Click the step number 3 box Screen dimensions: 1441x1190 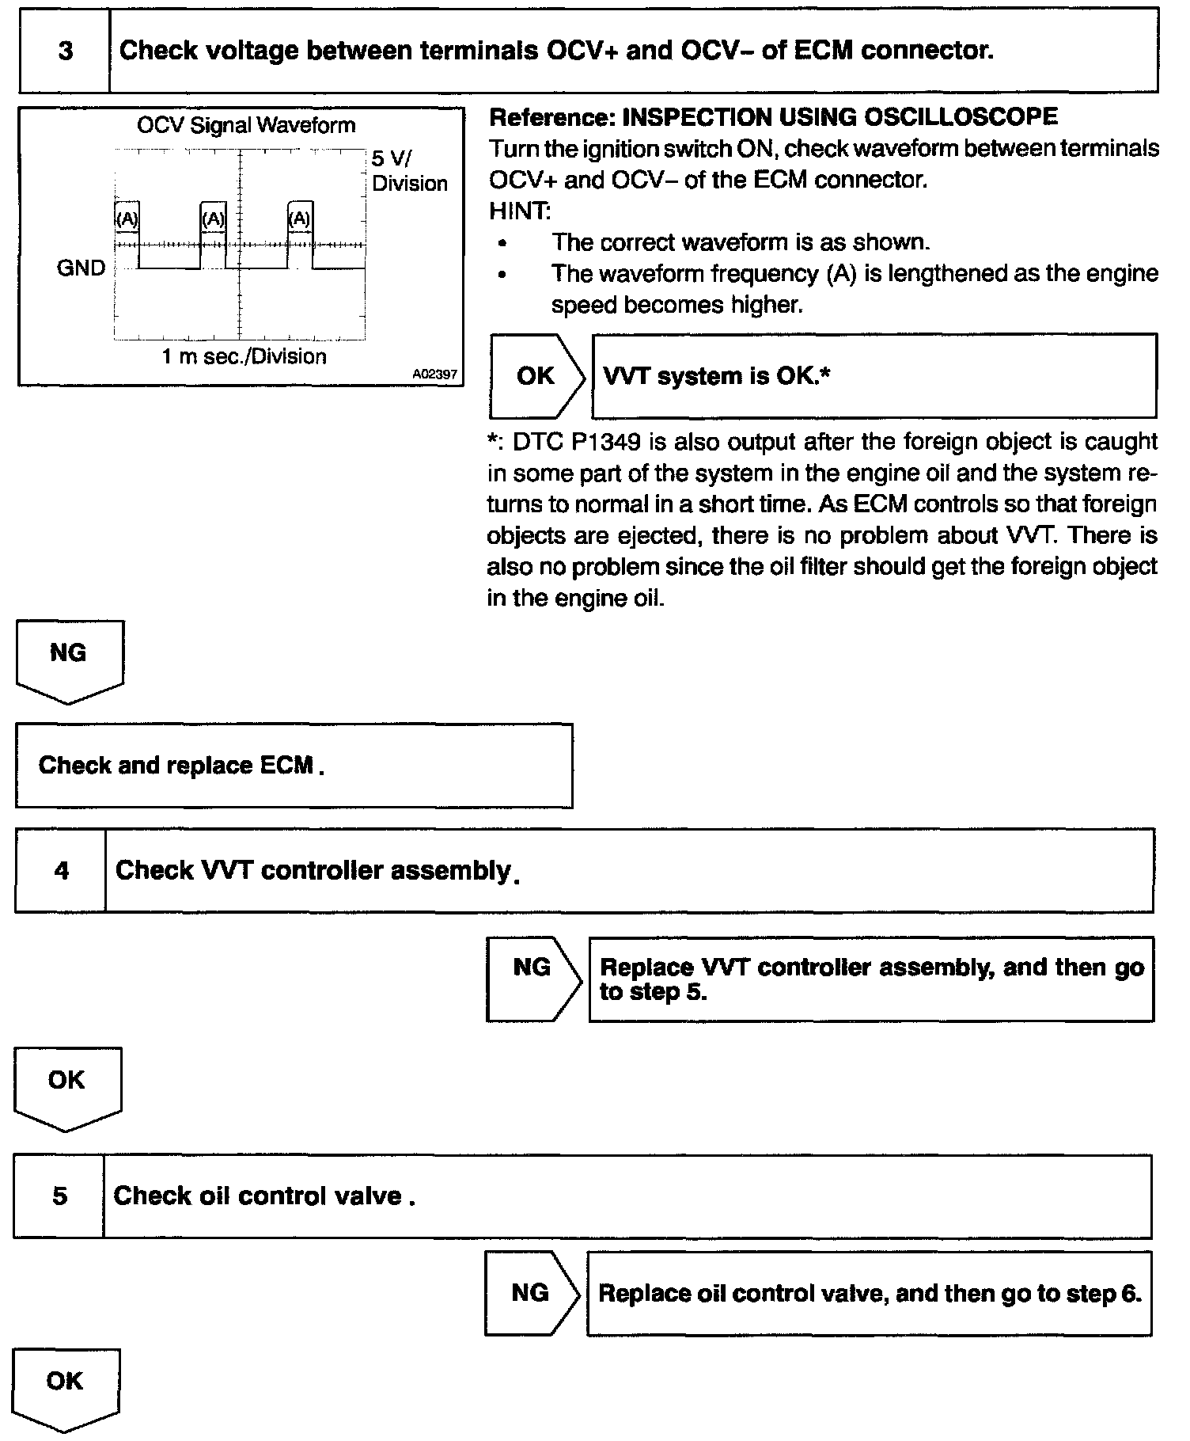[x=65, y=51]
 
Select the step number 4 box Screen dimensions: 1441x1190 [x=61, y=871]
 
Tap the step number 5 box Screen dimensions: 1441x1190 [x=59, y=1196]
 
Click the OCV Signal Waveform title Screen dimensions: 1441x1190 [x=246, y=125]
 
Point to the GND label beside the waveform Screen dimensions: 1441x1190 [x=81, y=268]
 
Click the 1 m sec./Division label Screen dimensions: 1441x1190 [x=244, y=357]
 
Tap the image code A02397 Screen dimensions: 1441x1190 [x=434, y=374]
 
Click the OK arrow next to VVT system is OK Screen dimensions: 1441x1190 [x=536, y=376]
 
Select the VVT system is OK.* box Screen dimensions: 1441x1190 [x=874, y=376]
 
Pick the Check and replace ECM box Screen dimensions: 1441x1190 [x=294, y=766]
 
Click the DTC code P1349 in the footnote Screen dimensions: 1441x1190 [x=605, y=442]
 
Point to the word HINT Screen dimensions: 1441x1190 [x=518, y=211]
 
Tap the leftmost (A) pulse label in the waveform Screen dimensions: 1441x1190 [x=127, y=219]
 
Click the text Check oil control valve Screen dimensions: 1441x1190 [x=264, y=1196]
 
